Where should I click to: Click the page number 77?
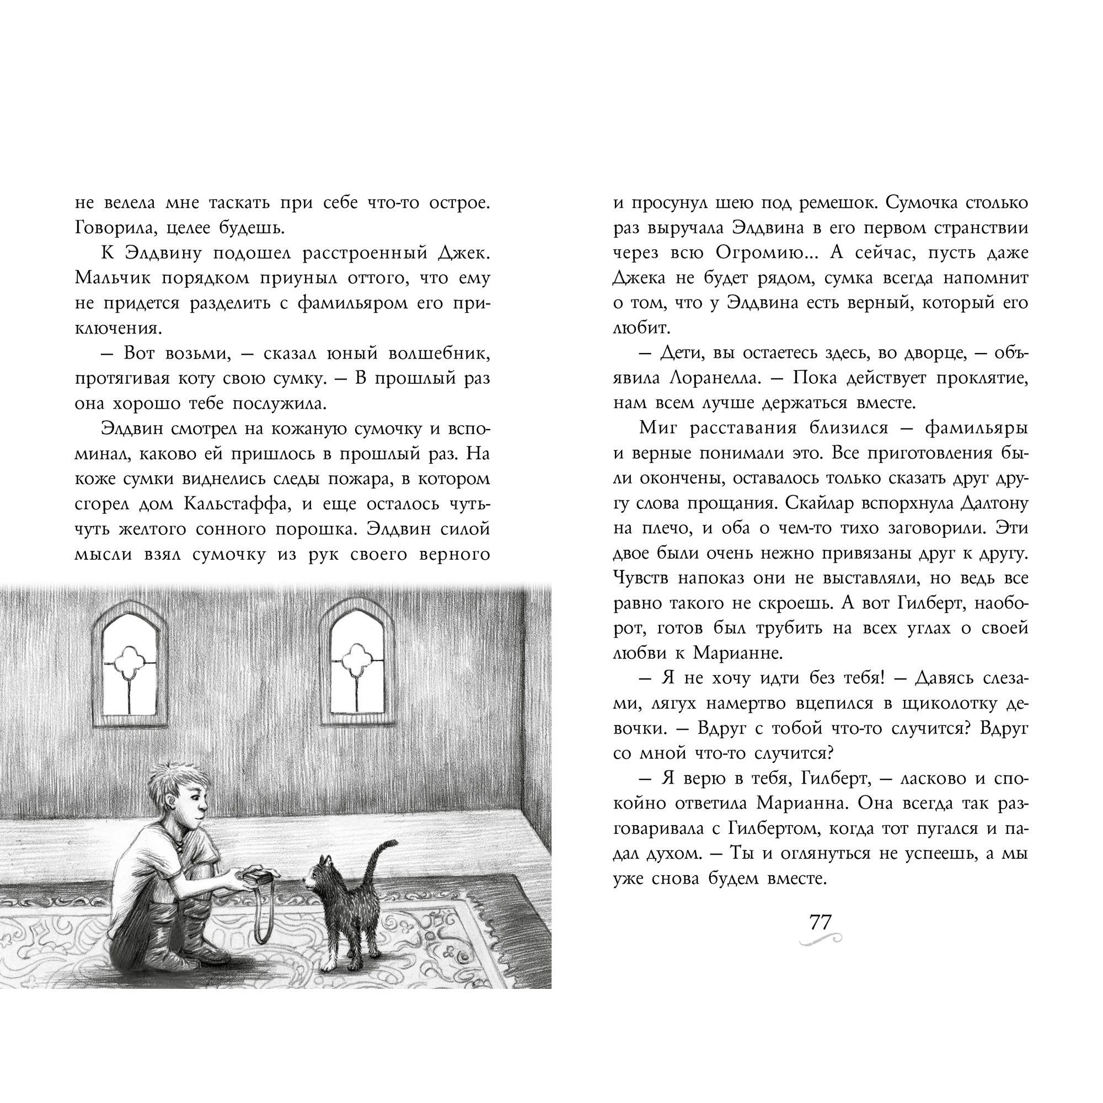(821, 922)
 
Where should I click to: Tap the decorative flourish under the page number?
(821, 939)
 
